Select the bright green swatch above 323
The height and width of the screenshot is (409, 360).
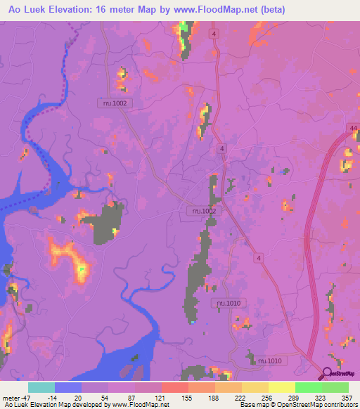pos(309,387)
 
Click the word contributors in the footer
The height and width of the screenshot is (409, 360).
pos(338,404)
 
